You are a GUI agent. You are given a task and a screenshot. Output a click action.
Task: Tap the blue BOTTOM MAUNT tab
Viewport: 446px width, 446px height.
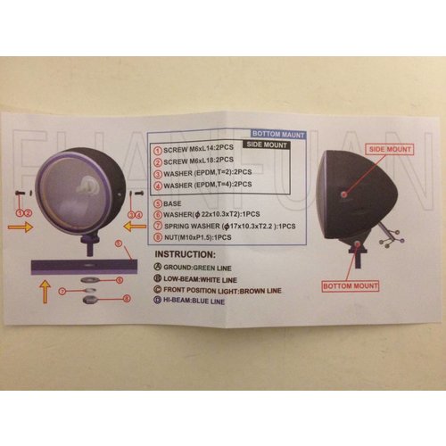[x=278, y=134]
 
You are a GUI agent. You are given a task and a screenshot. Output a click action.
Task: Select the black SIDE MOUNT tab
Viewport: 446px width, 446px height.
[x=266, y=143]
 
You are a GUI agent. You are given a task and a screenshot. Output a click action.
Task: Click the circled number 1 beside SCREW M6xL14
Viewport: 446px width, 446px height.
[x=158, y=152]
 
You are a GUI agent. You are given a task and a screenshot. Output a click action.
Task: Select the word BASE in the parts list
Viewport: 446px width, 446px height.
[x=173, y=202]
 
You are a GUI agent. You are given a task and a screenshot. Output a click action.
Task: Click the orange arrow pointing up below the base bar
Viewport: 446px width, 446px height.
[x=41, y=291]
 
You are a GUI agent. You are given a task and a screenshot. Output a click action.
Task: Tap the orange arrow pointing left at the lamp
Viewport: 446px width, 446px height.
[x=135, y=227]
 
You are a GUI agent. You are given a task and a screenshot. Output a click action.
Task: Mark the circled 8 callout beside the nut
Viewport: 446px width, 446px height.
[x=128, y=299]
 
